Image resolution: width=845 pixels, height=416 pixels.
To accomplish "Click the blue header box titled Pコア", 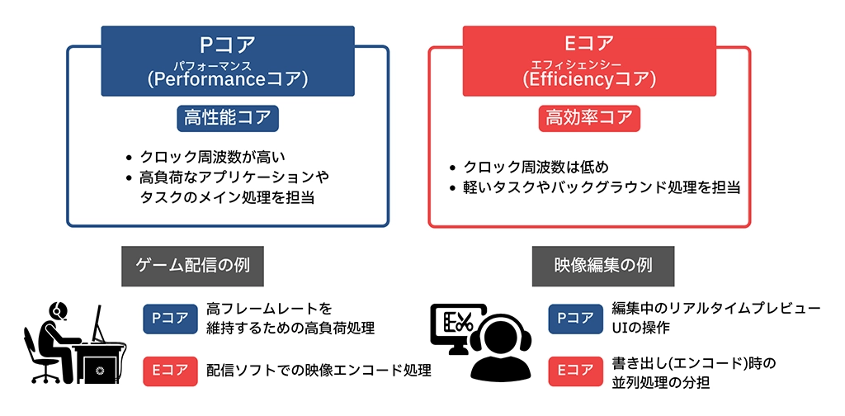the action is [x=228, y=61].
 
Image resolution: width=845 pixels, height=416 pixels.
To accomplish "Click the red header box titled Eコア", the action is [x=589, y=61].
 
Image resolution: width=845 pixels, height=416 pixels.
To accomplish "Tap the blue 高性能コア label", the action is [x=228, y=119].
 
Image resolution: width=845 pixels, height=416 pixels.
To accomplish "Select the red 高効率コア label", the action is [x=589, y=119].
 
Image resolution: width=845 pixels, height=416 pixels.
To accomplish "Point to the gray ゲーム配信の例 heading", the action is [x=192, y=267].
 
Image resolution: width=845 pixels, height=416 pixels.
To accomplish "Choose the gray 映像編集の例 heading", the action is [x=603, y=267].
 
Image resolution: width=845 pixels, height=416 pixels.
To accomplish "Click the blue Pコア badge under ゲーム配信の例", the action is [x=170, y=319].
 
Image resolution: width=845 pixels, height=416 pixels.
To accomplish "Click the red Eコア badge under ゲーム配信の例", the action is [x=170, y=371].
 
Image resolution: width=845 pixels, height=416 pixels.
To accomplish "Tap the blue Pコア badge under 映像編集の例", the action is [x=575, y=319].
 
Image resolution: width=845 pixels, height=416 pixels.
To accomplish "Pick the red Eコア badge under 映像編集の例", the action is [x=575, y=371].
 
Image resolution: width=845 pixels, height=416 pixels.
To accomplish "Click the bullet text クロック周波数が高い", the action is [x=212, y=158].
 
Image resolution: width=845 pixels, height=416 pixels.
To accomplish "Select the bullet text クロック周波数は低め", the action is [x=536, y=167].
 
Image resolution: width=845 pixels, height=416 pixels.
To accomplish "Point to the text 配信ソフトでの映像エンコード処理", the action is [x=319, y=371].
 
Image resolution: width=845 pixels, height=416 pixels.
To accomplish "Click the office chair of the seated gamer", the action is [x=40, y=355].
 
